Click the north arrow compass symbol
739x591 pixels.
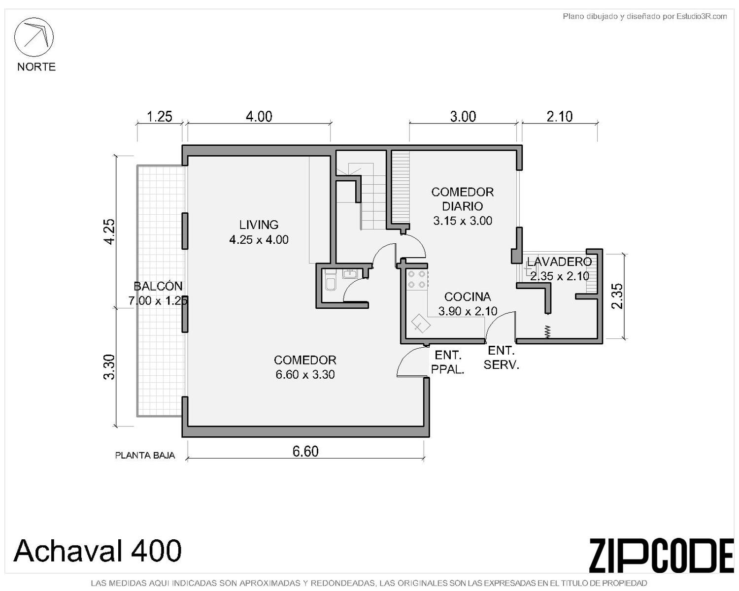click(x=34, y=37)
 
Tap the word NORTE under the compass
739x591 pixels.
click(x=36, y=66)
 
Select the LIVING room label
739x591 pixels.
click(x=259, y=225)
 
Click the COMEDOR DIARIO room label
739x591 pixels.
click(x=462, y=199)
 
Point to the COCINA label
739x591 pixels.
click(x=468, y=296)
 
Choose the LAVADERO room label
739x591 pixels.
click(x=559, y=262)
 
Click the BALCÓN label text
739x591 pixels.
click(x=158, y=286)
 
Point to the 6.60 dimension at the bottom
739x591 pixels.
click(x=305, y=451)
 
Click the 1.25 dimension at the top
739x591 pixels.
click(x=159, y=116)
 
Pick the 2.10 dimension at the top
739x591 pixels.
click(x=559, y=116)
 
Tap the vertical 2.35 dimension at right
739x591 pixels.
click(x=617, y=296)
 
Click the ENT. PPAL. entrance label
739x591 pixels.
click(x=447, y=362)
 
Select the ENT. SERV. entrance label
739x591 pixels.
click(x=501, y=358)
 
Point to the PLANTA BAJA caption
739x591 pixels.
click(x=145, y=456)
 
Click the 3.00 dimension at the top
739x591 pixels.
click(x=463, y=116)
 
